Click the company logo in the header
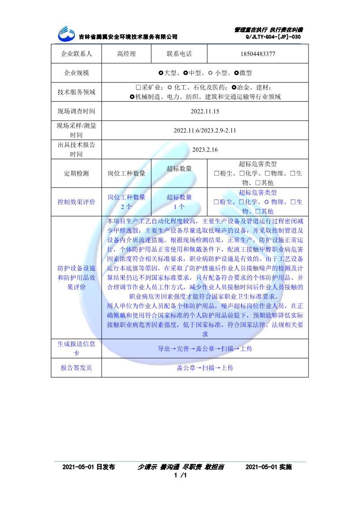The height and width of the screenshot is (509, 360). click(x=68, y=33)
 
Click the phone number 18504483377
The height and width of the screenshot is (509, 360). click(x=258, y=54)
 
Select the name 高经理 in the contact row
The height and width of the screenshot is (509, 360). click(x=126, y=54)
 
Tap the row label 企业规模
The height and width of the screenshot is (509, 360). click(x=76, y=73)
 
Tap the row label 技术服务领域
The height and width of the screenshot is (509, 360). click(x=76, y=92)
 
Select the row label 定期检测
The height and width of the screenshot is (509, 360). click(x=76, y=174)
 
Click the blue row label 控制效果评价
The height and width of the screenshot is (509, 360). click(x=76, y=202)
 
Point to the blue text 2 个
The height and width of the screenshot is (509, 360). click(x=126, y=207)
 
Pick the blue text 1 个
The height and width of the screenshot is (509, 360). click(x=179, y=207)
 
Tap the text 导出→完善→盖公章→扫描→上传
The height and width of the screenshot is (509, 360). click(x=205, y=348)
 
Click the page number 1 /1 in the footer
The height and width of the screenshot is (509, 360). click(x=180, y=475)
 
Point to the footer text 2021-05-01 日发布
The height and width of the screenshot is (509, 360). click(x=89, y=467)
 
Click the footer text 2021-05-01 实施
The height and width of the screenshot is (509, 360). click(x=269, y=467)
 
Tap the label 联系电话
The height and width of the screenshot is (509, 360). click(x=179, y=54)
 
